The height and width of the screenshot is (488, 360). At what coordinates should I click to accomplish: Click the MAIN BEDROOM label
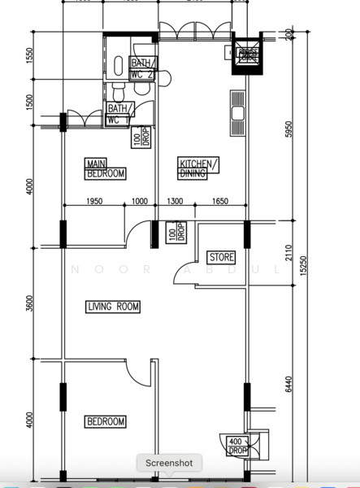pos(106,168)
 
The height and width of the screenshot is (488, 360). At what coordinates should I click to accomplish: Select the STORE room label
pos(222,257)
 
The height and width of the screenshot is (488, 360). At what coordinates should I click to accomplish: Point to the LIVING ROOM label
pos(113,307)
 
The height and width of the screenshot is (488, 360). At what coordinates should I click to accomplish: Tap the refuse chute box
pos(248,54)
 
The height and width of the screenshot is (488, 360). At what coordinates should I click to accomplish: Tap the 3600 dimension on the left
pos(29,303)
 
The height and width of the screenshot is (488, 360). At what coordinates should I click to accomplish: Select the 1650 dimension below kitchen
pos(221,202)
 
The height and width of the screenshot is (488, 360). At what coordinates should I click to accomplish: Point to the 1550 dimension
pos(29,55)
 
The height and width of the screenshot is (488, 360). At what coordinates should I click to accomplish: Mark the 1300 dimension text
pos(175,202)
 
